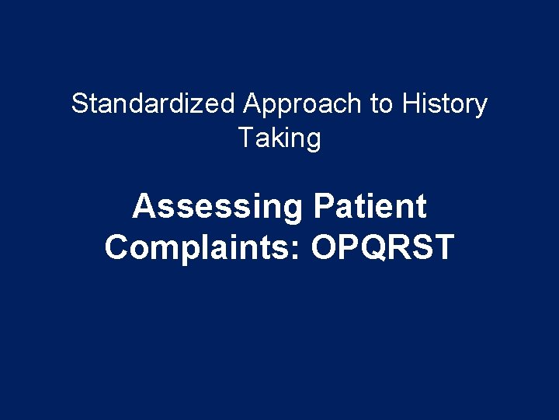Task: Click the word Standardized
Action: [x=153, y=104]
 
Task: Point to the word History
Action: [x=445, y=104]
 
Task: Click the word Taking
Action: [x=279, y=139]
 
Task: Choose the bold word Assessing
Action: [x=217, y=208]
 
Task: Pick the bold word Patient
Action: [x=370, y=208]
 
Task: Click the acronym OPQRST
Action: [x=382, y=248]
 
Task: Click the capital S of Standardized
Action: [x=79, y=104]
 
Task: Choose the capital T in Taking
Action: [x=245, y=138]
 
